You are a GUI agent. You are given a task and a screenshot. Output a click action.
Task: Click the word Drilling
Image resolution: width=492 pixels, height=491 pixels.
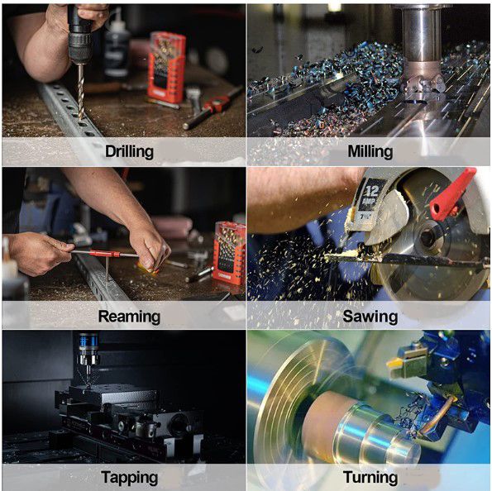coord(129,151)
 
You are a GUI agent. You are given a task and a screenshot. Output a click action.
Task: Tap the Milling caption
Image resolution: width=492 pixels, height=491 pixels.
coord(370,151)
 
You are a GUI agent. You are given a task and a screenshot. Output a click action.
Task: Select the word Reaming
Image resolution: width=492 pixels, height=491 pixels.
coord(129,317)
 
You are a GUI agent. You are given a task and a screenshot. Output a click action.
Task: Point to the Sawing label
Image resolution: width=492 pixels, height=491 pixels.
coord(370,317)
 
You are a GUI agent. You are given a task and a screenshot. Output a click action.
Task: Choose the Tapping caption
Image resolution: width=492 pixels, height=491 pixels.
coord(129,478)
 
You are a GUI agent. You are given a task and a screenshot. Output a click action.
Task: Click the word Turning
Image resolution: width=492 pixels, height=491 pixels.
coord(370,478)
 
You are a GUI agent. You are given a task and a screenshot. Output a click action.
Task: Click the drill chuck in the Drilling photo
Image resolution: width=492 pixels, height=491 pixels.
coord(80,47)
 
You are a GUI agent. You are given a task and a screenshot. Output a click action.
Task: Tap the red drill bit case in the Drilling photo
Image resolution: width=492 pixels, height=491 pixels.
coord(166,67)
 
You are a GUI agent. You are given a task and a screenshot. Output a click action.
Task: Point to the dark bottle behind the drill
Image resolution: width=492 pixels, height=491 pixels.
coord(117,47)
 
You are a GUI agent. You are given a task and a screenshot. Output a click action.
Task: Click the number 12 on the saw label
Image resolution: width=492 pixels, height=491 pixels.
coord(372,190)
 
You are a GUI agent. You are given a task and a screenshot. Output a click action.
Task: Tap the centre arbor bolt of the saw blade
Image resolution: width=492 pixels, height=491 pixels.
coord(428,236)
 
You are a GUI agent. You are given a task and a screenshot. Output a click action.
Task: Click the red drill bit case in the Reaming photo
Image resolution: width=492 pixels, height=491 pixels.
coord(229,253)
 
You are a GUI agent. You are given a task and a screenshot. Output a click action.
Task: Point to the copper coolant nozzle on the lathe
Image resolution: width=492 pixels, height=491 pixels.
coord(437,415)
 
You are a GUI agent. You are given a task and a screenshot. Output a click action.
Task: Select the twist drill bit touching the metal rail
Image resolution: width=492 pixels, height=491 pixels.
coord(81,92)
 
